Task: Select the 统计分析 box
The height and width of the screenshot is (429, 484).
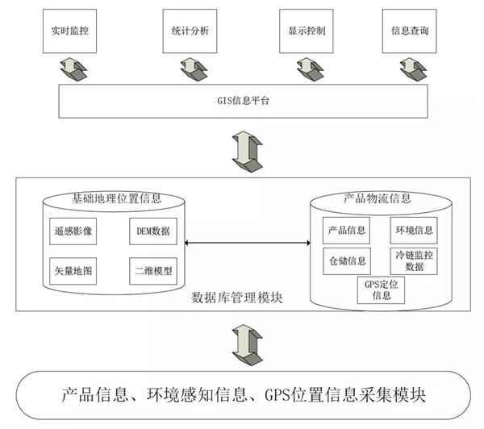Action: tap(190, 31)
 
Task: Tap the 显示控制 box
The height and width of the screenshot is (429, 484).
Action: tap(306, 31)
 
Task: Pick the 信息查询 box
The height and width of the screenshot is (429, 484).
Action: tap(410, 31)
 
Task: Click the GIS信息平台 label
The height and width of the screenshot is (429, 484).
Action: tap(243, 102)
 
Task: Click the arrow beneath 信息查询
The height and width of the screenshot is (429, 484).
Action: tap(410, 69)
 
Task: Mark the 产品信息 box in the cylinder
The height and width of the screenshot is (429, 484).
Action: tap(347, 231)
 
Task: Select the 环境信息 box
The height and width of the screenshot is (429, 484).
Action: tap(414, 231)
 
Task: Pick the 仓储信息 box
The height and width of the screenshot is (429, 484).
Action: tap(347, 260)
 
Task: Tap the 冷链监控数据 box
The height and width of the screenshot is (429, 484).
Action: tap(414, 260)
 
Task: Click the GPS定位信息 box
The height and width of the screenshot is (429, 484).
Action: tap(378, 289)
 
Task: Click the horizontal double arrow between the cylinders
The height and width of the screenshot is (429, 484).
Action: tap(246, 243)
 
